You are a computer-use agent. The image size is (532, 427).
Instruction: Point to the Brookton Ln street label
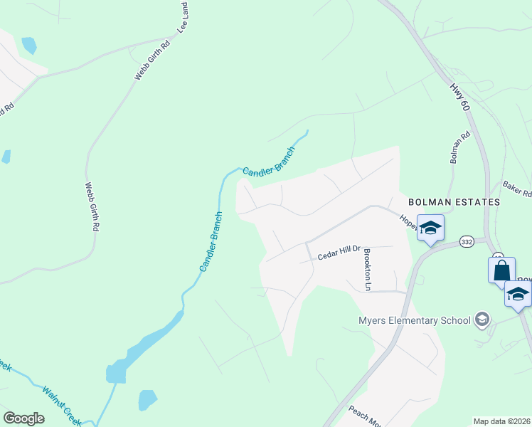[x=368, y=269]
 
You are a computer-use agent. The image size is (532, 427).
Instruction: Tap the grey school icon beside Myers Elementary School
[x=483, y=319]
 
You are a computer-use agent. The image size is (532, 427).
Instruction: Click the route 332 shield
[x=467, y=242]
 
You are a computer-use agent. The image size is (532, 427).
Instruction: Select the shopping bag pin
[x=501, y=270]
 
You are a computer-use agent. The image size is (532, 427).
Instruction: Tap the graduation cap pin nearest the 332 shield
[x=430, y=228]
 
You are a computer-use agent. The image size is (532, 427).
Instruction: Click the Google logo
[x=23, y=418]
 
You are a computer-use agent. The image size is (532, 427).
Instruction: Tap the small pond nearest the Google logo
[x=147, y=399]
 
